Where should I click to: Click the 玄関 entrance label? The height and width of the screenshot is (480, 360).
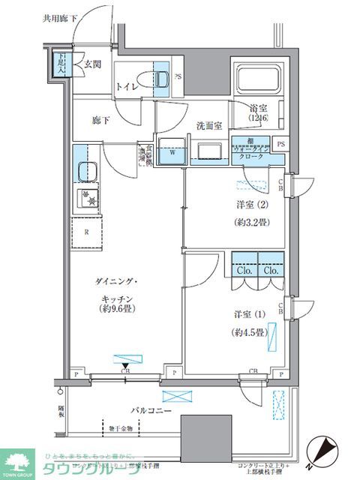[92, 64]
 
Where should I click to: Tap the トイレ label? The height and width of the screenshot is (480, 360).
[127, 87]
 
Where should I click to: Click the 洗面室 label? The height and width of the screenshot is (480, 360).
[209, 125]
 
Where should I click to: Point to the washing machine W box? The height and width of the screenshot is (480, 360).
[172, 150]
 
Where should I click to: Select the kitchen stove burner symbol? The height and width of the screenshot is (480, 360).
[87, 199]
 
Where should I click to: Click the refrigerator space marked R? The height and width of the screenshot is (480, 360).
[87, 232]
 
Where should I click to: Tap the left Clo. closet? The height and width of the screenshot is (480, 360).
[244, 269]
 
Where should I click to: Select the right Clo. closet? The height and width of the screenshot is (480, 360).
[271, 269]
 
